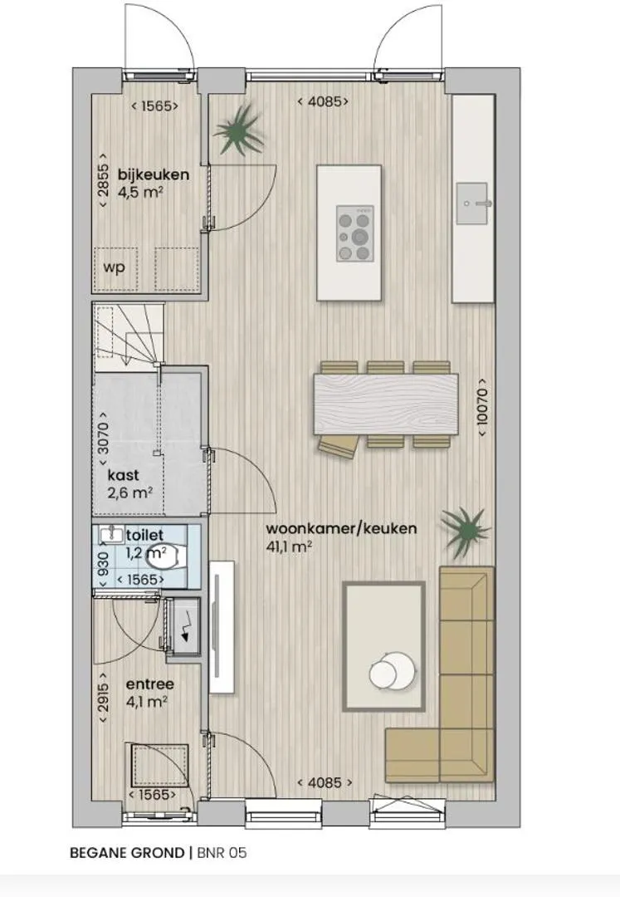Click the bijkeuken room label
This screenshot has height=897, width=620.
154,174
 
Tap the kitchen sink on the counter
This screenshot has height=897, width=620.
472,203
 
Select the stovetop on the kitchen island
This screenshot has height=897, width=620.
355,234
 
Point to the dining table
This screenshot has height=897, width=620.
386,404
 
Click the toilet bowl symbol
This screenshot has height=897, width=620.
166,558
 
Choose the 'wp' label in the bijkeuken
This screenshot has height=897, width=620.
114,267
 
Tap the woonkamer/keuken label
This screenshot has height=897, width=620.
341,528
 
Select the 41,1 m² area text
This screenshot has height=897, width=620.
289,547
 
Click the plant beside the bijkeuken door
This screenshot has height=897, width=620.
240,131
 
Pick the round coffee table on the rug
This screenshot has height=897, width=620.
392,671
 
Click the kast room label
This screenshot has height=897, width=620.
124,475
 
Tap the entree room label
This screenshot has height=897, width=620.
149,684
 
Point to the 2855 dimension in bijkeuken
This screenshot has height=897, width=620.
104,181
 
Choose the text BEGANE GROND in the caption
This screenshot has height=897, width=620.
127,852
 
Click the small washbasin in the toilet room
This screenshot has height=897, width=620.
112,535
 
